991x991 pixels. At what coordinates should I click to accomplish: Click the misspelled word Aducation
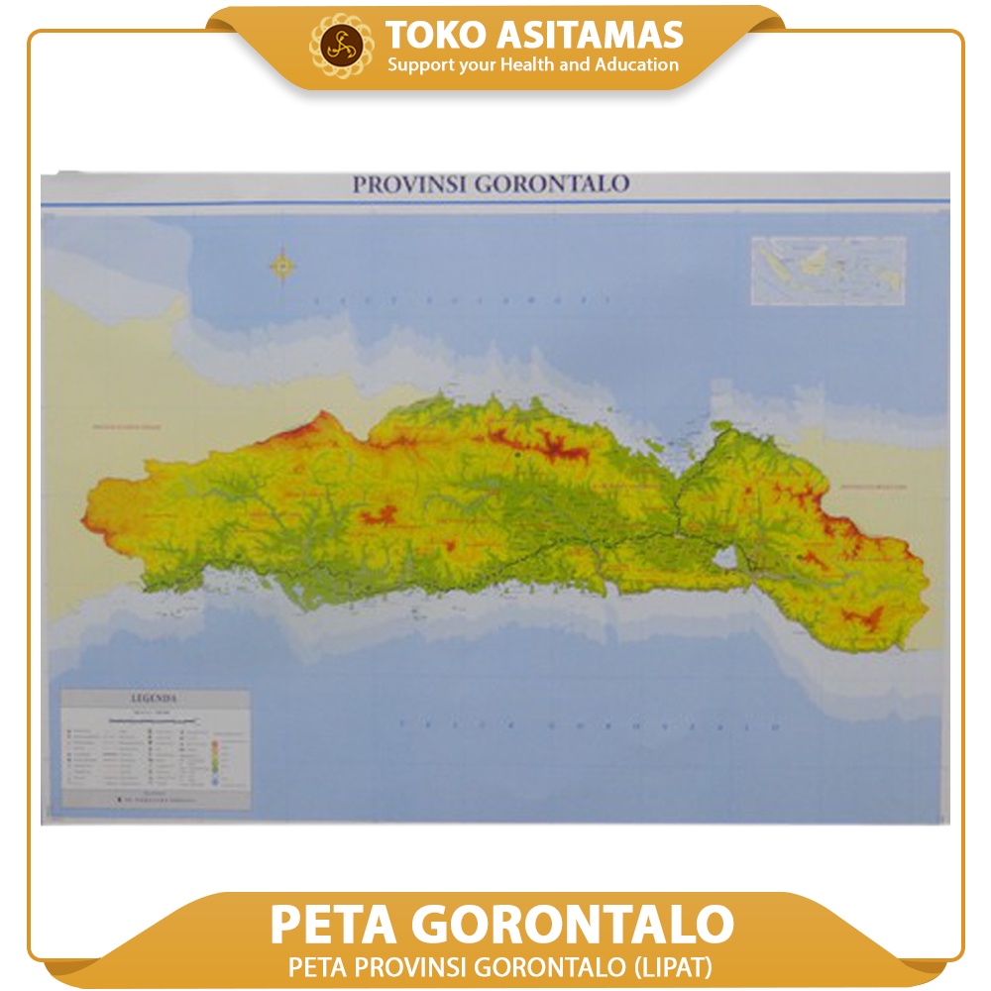pos(637,65)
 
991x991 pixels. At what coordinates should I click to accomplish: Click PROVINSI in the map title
pos(407,184)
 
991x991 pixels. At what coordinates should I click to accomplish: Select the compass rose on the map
pos(282,266)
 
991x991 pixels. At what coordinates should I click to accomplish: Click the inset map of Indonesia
pos(828,270)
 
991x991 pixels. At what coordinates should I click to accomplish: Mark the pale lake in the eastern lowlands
pos(725,557)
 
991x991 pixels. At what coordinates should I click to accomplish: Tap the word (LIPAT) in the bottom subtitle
pos(677,964)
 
